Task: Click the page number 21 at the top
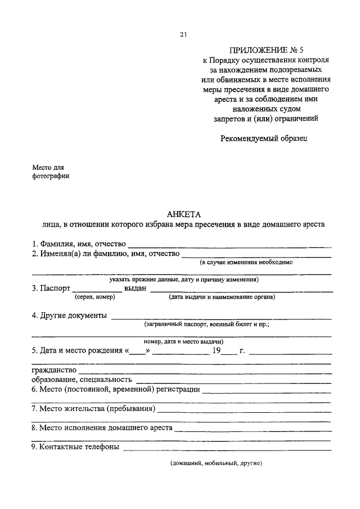183,34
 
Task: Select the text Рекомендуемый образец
264,137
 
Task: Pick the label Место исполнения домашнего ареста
106,427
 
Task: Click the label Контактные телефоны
79,447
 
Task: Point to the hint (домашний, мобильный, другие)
217,464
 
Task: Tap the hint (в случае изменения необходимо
247,262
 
